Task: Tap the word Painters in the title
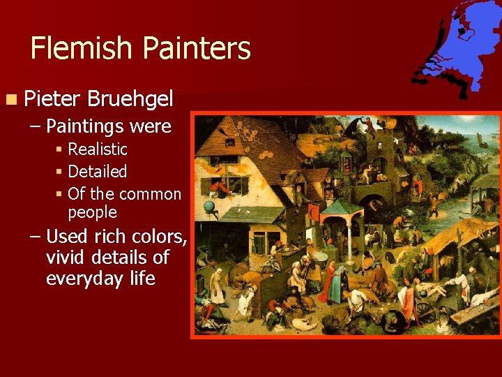[x=196, y=49]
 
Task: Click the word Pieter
[x=50, y=98]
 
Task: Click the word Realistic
[x=98, y=149]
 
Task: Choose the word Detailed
[x=98, y=172]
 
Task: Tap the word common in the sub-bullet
[x=150, y=194]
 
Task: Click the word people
[x=92, y=212]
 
